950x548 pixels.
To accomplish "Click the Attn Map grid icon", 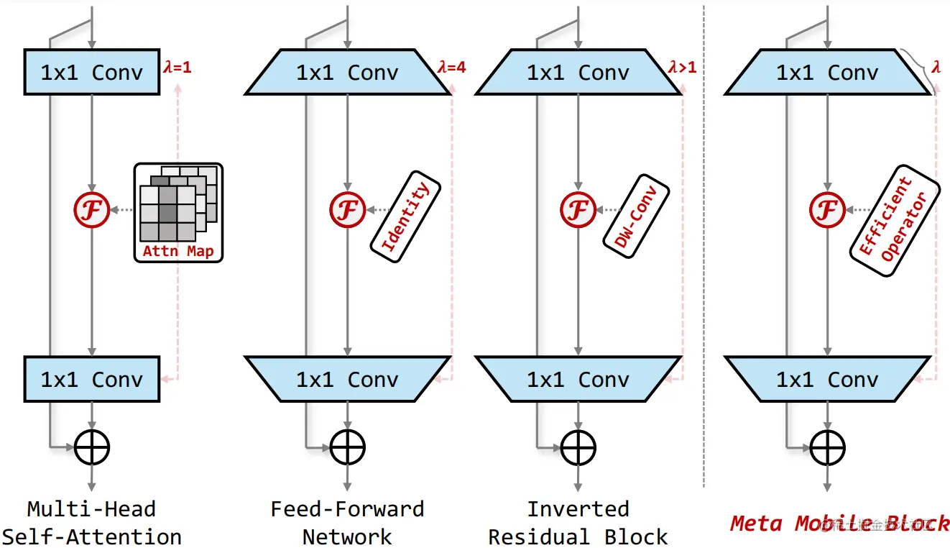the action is pos(178,212).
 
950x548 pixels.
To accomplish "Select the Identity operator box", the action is pos(405,216).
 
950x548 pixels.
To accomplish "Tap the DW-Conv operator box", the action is pos(636,216).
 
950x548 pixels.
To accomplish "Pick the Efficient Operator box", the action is pos(895,221).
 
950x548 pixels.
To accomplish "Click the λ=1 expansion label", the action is pos(177,67).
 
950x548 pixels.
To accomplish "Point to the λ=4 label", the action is pos(452,67).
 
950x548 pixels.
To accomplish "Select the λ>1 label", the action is pos(683,67).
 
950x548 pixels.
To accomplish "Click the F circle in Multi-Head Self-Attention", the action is pos(91,210).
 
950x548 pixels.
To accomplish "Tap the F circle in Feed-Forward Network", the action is pos(347,210).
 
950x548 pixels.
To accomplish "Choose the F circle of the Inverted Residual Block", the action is pos(578,210).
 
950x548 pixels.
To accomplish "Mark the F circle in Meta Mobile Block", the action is pos(827,210).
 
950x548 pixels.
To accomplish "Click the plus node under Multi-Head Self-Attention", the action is pos(92,447).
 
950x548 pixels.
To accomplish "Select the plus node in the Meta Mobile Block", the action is pos(827,447).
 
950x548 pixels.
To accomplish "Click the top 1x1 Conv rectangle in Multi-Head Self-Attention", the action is pos(92,72).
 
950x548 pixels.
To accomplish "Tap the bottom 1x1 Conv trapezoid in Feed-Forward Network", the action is pos(347,379).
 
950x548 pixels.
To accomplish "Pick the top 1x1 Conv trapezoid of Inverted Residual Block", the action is pos(578,72).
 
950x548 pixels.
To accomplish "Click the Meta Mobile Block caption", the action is pos(839,523).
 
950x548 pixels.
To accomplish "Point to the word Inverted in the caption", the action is pos(578,509).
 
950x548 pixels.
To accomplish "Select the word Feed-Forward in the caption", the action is pos(347,509).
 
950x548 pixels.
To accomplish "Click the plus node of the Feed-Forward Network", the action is pos(347,447).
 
